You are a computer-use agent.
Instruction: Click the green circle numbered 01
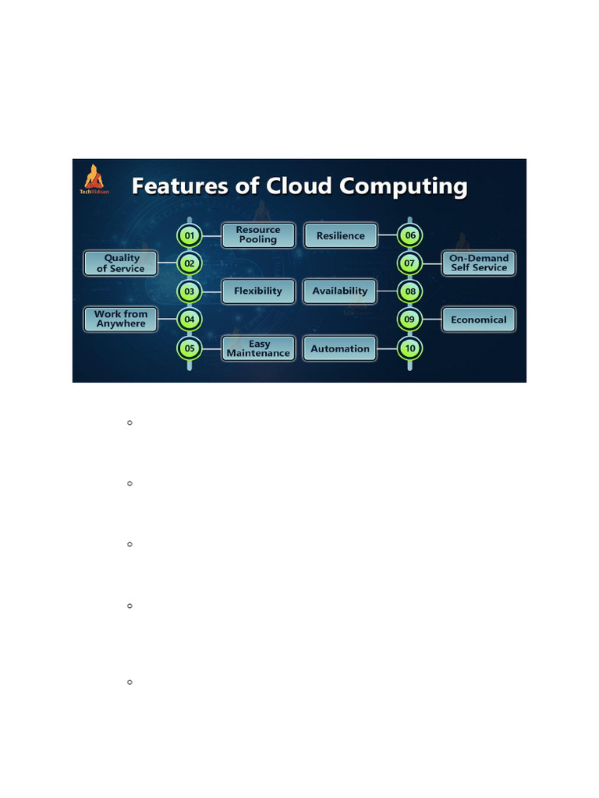coord(190,235)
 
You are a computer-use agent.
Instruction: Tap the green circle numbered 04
coord(190,319)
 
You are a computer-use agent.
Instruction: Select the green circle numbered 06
coord(409,235)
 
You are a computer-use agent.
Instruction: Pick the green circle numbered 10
coord(409,348)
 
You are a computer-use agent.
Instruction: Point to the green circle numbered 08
coord(409,291)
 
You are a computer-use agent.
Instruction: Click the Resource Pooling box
coord(258,235)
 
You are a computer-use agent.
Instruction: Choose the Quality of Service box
coord(121,263)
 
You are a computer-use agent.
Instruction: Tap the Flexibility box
coord(258,291)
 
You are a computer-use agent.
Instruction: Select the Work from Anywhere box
coord(121,319)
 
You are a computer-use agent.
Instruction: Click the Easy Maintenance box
coord(258,348)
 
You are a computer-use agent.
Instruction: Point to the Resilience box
coord(340,235)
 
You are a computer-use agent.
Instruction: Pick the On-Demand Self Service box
coord(479,263)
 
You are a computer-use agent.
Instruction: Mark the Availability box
coord(340,291)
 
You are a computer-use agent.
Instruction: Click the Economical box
coord(479,320)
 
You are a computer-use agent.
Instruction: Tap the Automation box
coord(340,348)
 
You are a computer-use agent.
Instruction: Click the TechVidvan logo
coord(93,179)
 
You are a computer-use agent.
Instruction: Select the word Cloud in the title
coord(298,187)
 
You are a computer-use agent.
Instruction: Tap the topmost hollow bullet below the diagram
coord(129,422)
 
